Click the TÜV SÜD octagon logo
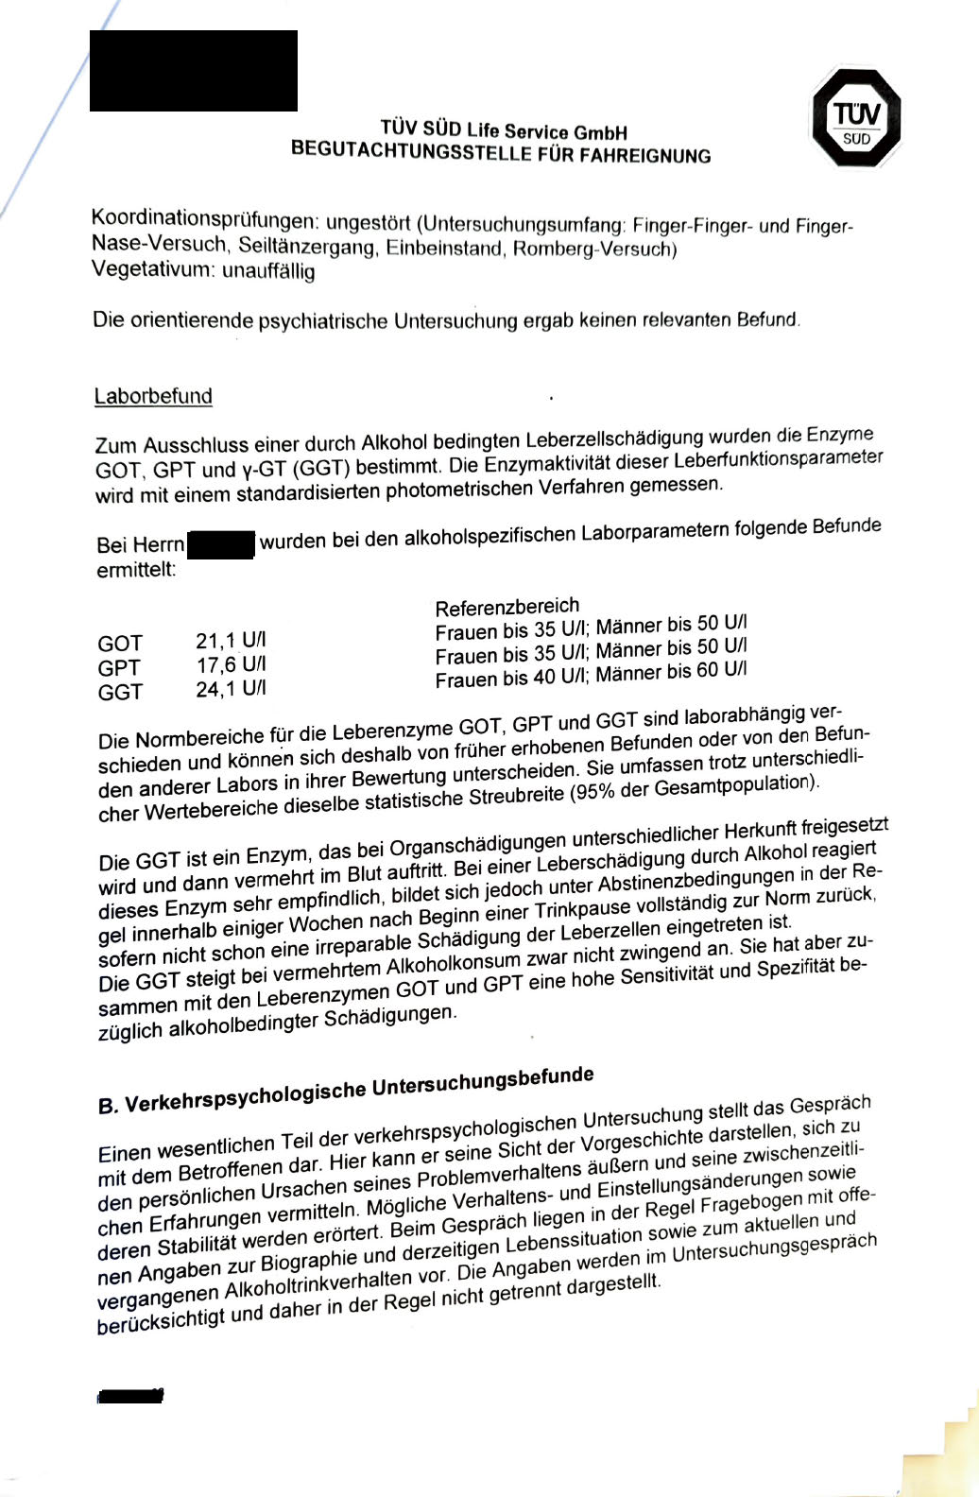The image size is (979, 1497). pos(856,120)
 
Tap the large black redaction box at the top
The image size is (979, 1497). pos(194,71)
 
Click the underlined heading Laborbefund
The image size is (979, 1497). pos(153,396)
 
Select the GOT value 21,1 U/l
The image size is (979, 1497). pos(231,642)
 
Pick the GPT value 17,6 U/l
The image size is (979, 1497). pos(231,665)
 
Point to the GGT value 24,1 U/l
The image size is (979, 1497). pos(231,690)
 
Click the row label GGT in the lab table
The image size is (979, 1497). pos(120,693)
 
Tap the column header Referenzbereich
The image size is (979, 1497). pos(507,606)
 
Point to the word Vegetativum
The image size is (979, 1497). pos(152,269)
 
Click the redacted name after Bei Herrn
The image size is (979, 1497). pos(221,545)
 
